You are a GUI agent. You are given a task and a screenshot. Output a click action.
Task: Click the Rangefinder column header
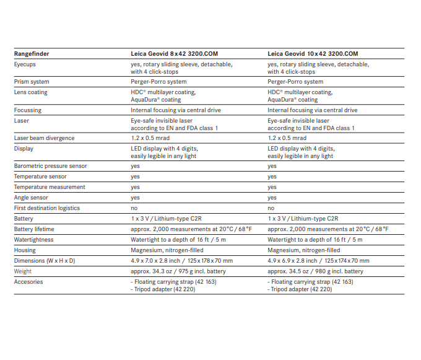pyautogui.click(x=32, y=54)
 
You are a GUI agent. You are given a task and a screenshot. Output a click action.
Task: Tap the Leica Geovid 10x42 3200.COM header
pyautogui.click(x=313, y=54)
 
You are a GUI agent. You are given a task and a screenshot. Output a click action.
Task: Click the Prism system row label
pyautogui.click(x=32, y=82)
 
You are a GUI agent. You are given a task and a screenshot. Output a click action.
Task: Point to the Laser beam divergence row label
pyautogui.click(x=44, y=138)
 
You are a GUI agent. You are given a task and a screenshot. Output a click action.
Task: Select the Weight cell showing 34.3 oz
pyautogui.click(x=178, y=271)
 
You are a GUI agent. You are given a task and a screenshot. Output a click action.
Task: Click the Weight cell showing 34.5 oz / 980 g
pyautogui.click(x=315, y=271)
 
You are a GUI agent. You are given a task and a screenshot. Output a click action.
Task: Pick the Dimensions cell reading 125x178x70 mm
pyautogui.click(x=181, y=261)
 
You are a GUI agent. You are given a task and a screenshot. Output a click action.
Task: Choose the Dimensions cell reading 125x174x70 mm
pyautogui.click(x=318, y=261)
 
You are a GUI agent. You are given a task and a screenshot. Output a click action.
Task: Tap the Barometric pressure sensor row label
pyautogui.click(x=51, y=166)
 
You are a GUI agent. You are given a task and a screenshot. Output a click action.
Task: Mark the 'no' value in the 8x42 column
pyautogui.click(x=134, y=208)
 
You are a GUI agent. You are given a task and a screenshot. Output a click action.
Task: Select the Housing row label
pyautogui.click(x=25, y=250)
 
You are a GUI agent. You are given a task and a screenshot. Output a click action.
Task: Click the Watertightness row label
pyautogui.click(x=34, y=240)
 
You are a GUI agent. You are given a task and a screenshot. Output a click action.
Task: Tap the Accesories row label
pyautogui.click(x=28, y=282)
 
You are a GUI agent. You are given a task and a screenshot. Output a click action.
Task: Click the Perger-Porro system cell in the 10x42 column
pyautogui.click(x=295, y=82)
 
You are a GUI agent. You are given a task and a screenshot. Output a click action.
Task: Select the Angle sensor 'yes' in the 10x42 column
pyautogui.click(x=272, y=198)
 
